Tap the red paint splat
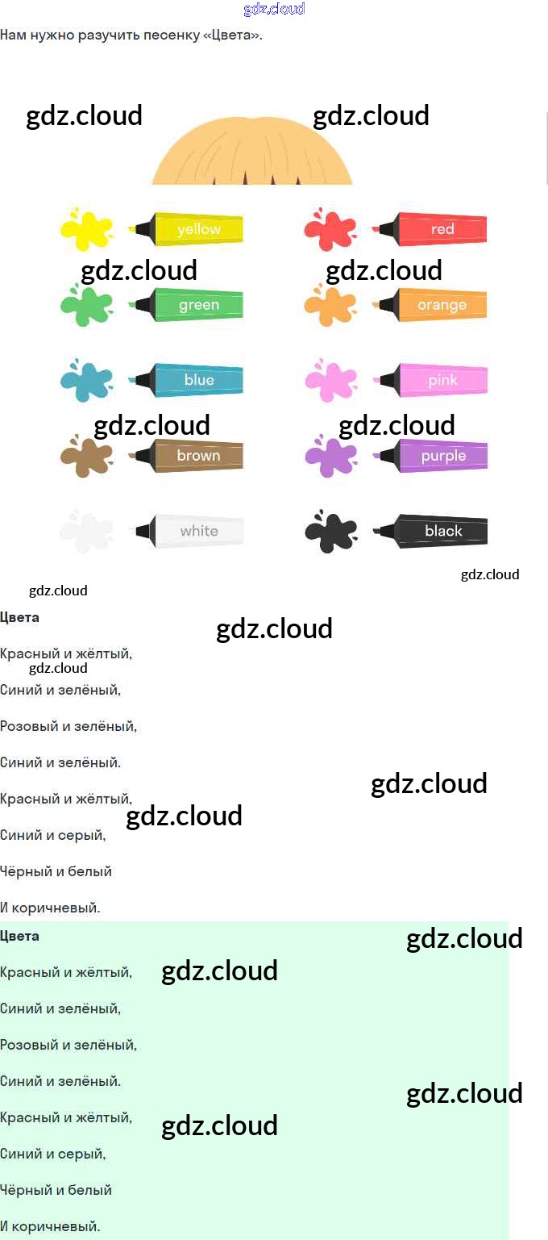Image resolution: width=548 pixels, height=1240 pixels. pos(330,230)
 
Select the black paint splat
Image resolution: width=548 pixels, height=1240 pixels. pos(330,532)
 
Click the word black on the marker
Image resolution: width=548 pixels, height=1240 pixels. pos(443,531)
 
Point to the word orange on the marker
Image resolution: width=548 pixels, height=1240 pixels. pos(442,305)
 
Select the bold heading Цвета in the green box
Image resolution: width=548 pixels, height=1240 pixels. pos(20,936)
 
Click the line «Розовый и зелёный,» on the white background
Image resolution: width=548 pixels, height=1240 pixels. pos(68,726)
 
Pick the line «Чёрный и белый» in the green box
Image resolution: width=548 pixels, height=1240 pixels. pos(56,1190)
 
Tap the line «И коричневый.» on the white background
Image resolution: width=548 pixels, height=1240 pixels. pos(50,908)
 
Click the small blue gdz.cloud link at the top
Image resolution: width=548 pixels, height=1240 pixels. pos(274,9)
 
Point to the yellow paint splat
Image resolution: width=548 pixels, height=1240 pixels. pos(86,230)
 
